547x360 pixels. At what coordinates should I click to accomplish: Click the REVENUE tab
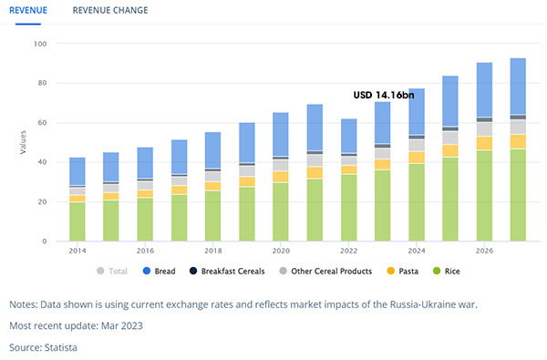tap(28, 10)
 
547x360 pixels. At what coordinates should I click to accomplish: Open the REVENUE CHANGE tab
tap(110, 10)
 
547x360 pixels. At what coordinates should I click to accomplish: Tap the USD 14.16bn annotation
tap(384, 95)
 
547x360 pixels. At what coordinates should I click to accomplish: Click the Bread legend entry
tap(160, 271)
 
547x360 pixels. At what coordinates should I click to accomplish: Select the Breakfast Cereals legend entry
tap(227, 271)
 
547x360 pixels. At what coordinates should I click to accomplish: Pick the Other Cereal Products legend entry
tap(325, 271)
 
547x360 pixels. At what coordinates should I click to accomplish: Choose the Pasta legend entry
tap(403, 271)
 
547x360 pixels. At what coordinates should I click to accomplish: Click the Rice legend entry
tap(447, 271)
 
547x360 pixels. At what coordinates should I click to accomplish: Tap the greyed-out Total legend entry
tap(112, 271)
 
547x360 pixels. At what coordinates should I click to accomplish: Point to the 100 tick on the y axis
tap(40, 44)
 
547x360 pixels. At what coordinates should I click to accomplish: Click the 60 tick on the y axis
tap(42, 122)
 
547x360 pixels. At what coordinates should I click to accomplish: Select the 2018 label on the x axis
tap(213, 251)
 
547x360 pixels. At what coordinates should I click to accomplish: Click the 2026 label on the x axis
tap(485, 251)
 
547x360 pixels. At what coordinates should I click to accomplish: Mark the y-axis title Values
tap(23, 142)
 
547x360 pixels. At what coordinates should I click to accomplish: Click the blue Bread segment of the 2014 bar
tap(77, 171)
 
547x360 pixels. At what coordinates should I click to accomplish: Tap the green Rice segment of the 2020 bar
tap(281, 211)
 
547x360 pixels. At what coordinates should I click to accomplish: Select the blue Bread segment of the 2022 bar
tap(349, 136)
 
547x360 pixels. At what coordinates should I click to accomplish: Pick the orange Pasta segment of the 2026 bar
tap(485, 143)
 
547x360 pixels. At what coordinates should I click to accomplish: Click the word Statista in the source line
tap(61, 347)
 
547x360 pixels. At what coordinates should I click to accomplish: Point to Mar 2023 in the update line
tap(122, 325)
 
